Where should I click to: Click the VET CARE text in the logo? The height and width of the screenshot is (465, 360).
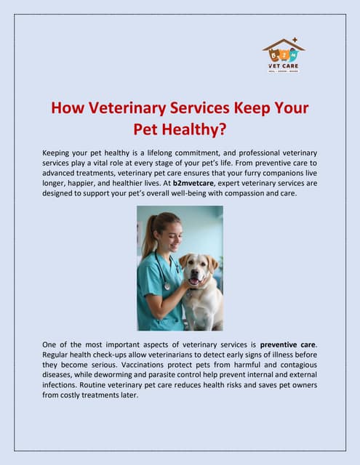tap(284, 65)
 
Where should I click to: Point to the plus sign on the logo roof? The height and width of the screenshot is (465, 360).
tap(295, 39)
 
